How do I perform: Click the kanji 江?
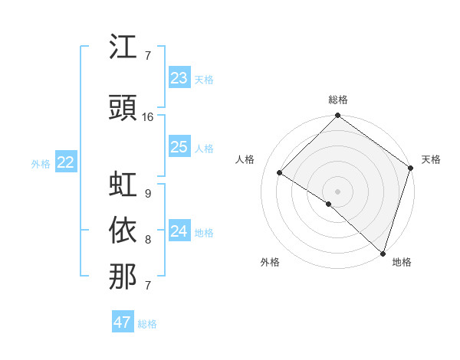(123, 47)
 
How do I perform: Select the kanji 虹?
(123, 185)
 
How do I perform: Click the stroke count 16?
(148, 117)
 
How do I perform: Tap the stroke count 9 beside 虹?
(147, 193)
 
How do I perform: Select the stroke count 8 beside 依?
(147, 240)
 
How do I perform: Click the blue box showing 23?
(179, 78)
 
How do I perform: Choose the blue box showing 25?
(179, 147)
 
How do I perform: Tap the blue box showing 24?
(179, 231)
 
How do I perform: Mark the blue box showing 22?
(66, 162)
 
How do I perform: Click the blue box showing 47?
(123, 322)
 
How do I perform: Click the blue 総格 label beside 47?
(147, 324)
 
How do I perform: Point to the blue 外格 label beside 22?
(41, 163)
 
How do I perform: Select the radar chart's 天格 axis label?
(431, 159)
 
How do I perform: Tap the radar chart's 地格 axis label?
(402, 262)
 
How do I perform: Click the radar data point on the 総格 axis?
(337, 116)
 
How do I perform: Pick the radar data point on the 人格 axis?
(280, 172)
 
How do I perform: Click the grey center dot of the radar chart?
(337, 191)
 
